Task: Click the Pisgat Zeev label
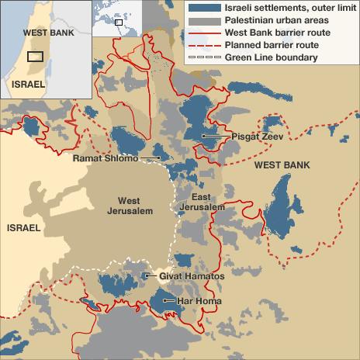coord(254,137)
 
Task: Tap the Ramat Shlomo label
coord(105,158)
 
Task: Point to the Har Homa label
coord(199,301)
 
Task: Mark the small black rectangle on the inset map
coord(35,57)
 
